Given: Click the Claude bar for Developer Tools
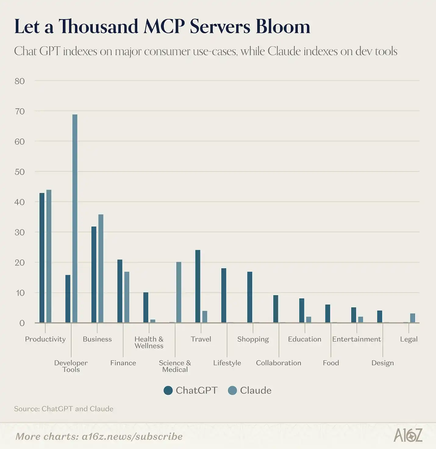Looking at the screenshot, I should pyautogui.click(x=75, y=218).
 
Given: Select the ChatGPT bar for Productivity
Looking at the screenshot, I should pyautogui.click(x=42, y=258).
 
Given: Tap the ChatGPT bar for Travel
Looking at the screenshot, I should pyautogui.click(x=198, y=286).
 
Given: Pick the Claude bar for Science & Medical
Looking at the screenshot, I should pyautogui.click(x=179, y=292).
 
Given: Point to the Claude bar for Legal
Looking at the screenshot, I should pyautogui.click(x=413, y=318).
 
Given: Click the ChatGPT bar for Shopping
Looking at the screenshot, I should pyautogui.click(x=250, y=297).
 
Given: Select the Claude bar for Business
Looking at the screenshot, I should pyautogui.click(x=101, y=268).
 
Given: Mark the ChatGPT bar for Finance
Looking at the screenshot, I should pyautogui.click(x=120, y=291).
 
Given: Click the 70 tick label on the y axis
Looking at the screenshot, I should pyautogui.click(x=20, y=111).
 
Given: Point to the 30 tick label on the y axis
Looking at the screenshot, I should pyautogui.click(x=20, y=232).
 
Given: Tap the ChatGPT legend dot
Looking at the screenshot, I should pyautogui.click(x=168, y=390).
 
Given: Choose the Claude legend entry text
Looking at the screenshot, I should pyautogui.click(x=256, y=390).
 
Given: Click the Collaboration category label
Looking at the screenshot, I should pyautogui.click(x=278, y=363).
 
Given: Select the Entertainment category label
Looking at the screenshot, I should pyautogui.click(x=356, y=339).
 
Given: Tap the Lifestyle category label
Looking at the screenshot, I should pyautogui.click(x=227, y=363).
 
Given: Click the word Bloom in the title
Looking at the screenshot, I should pyautogui.click(x=283, y=27).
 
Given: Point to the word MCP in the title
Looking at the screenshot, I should pyautogui.click(x=164, y=27).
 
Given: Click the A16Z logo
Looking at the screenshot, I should pyautogui.click(x=408, y=435).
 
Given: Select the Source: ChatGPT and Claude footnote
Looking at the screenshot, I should pyautogui.click(x=64, y=409).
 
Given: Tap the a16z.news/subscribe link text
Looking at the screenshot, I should pyautogui.click(x=132, y=437).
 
